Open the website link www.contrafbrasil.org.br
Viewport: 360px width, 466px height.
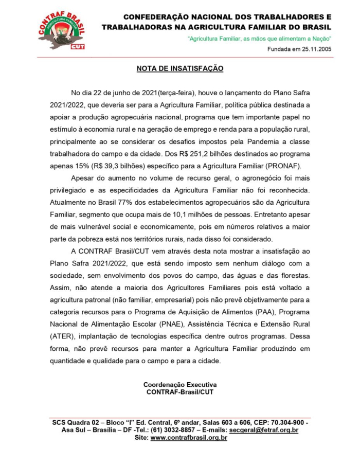coord(188,438)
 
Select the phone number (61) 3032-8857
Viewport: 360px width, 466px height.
coord(154,430)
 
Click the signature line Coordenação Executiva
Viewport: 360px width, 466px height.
coord(180,384)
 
